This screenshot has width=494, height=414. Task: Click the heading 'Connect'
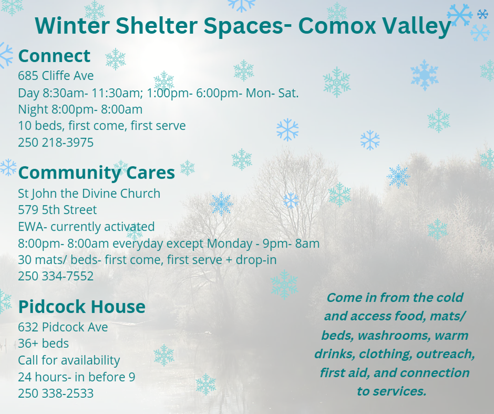[x=54, y=56]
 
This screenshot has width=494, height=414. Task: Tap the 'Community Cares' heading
[x=96, y=173]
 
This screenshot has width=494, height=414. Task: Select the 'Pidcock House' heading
[x=82, y=307]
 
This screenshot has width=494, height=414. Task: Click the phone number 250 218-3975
[x=56, y=142]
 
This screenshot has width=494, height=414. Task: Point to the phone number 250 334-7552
[x=56, y=276]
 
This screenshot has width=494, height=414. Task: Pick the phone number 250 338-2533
[x=56, y=394]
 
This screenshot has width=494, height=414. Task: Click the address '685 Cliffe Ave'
[x=56, y=76]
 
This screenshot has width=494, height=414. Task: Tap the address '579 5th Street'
[x=57, y=210]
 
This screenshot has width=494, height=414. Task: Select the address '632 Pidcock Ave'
[x=63, y=327]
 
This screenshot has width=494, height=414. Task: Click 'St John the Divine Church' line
[x=89, y=194]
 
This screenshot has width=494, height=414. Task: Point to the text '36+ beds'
[x=44, y=344]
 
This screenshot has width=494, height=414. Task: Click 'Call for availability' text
[x=69, y=360]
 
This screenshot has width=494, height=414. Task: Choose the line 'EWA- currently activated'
[x=86, y=227]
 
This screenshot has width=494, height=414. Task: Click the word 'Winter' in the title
[x=72, y=26]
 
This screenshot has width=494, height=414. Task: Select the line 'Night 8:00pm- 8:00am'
[x=80, y=110]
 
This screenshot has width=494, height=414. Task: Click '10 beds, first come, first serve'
[x=102, y=126]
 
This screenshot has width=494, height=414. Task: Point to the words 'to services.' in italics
[x=392, y=391]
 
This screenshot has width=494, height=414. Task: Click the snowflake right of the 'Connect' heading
[x=115, y=59]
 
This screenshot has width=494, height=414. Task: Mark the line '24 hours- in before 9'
[x=77, y=377]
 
